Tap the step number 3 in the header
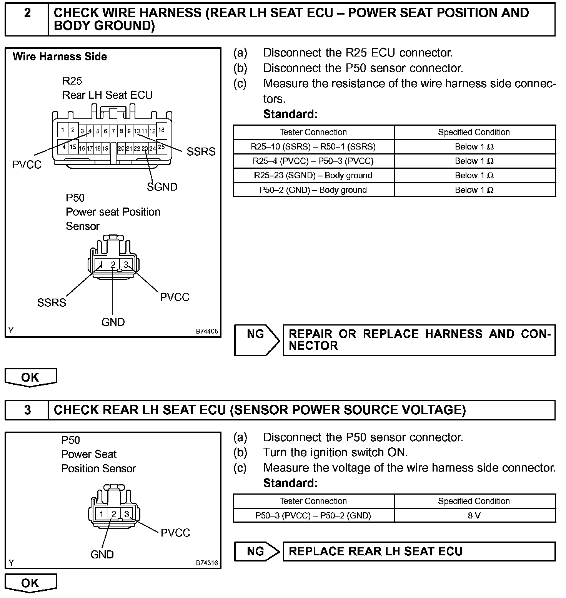(27, 410)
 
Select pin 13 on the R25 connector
(161, 130)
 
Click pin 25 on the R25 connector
(161, 147)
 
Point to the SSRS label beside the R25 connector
(201, 152)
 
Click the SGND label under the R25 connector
(162, 187)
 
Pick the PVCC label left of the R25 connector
(27, 165)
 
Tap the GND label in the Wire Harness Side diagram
(113, 322)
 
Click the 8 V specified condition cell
(474, 515)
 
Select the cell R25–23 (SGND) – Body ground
(313, 176)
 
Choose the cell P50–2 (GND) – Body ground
(313, 190)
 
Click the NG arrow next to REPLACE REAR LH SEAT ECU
(257, 551)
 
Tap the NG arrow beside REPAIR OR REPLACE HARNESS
(257, 340)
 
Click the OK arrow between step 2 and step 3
(30, 377)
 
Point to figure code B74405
(207, 331)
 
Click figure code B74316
(207, 563)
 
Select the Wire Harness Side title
(60, 57)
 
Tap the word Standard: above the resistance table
(290, 114)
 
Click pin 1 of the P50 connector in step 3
(102, 514)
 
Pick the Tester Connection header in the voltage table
(313, 501)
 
